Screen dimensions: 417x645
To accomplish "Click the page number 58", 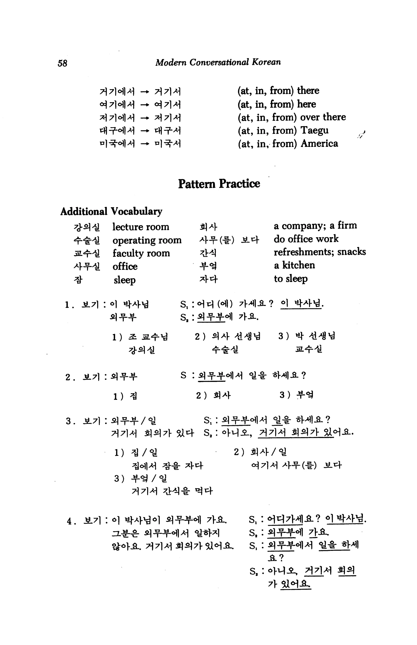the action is [x=62, y=63].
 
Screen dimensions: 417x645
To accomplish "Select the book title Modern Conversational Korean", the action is [x=218, y=62].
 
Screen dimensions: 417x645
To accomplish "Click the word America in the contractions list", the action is [x=319, y=143].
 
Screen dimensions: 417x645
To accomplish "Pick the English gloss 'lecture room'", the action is [x=141, y=227].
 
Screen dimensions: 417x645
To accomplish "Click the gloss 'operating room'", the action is [x=147, y=240].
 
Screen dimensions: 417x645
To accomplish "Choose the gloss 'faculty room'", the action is [x=141, y=253].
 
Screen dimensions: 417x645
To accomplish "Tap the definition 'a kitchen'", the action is [x=294, y=265].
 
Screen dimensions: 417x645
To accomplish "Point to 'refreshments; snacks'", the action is [x=319, y=252].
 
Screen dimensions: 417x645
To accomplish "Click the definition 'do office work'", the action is [x=306, y=239].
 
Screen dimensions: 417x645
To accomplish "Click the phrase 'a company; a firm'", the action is [x=315, y=225].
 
